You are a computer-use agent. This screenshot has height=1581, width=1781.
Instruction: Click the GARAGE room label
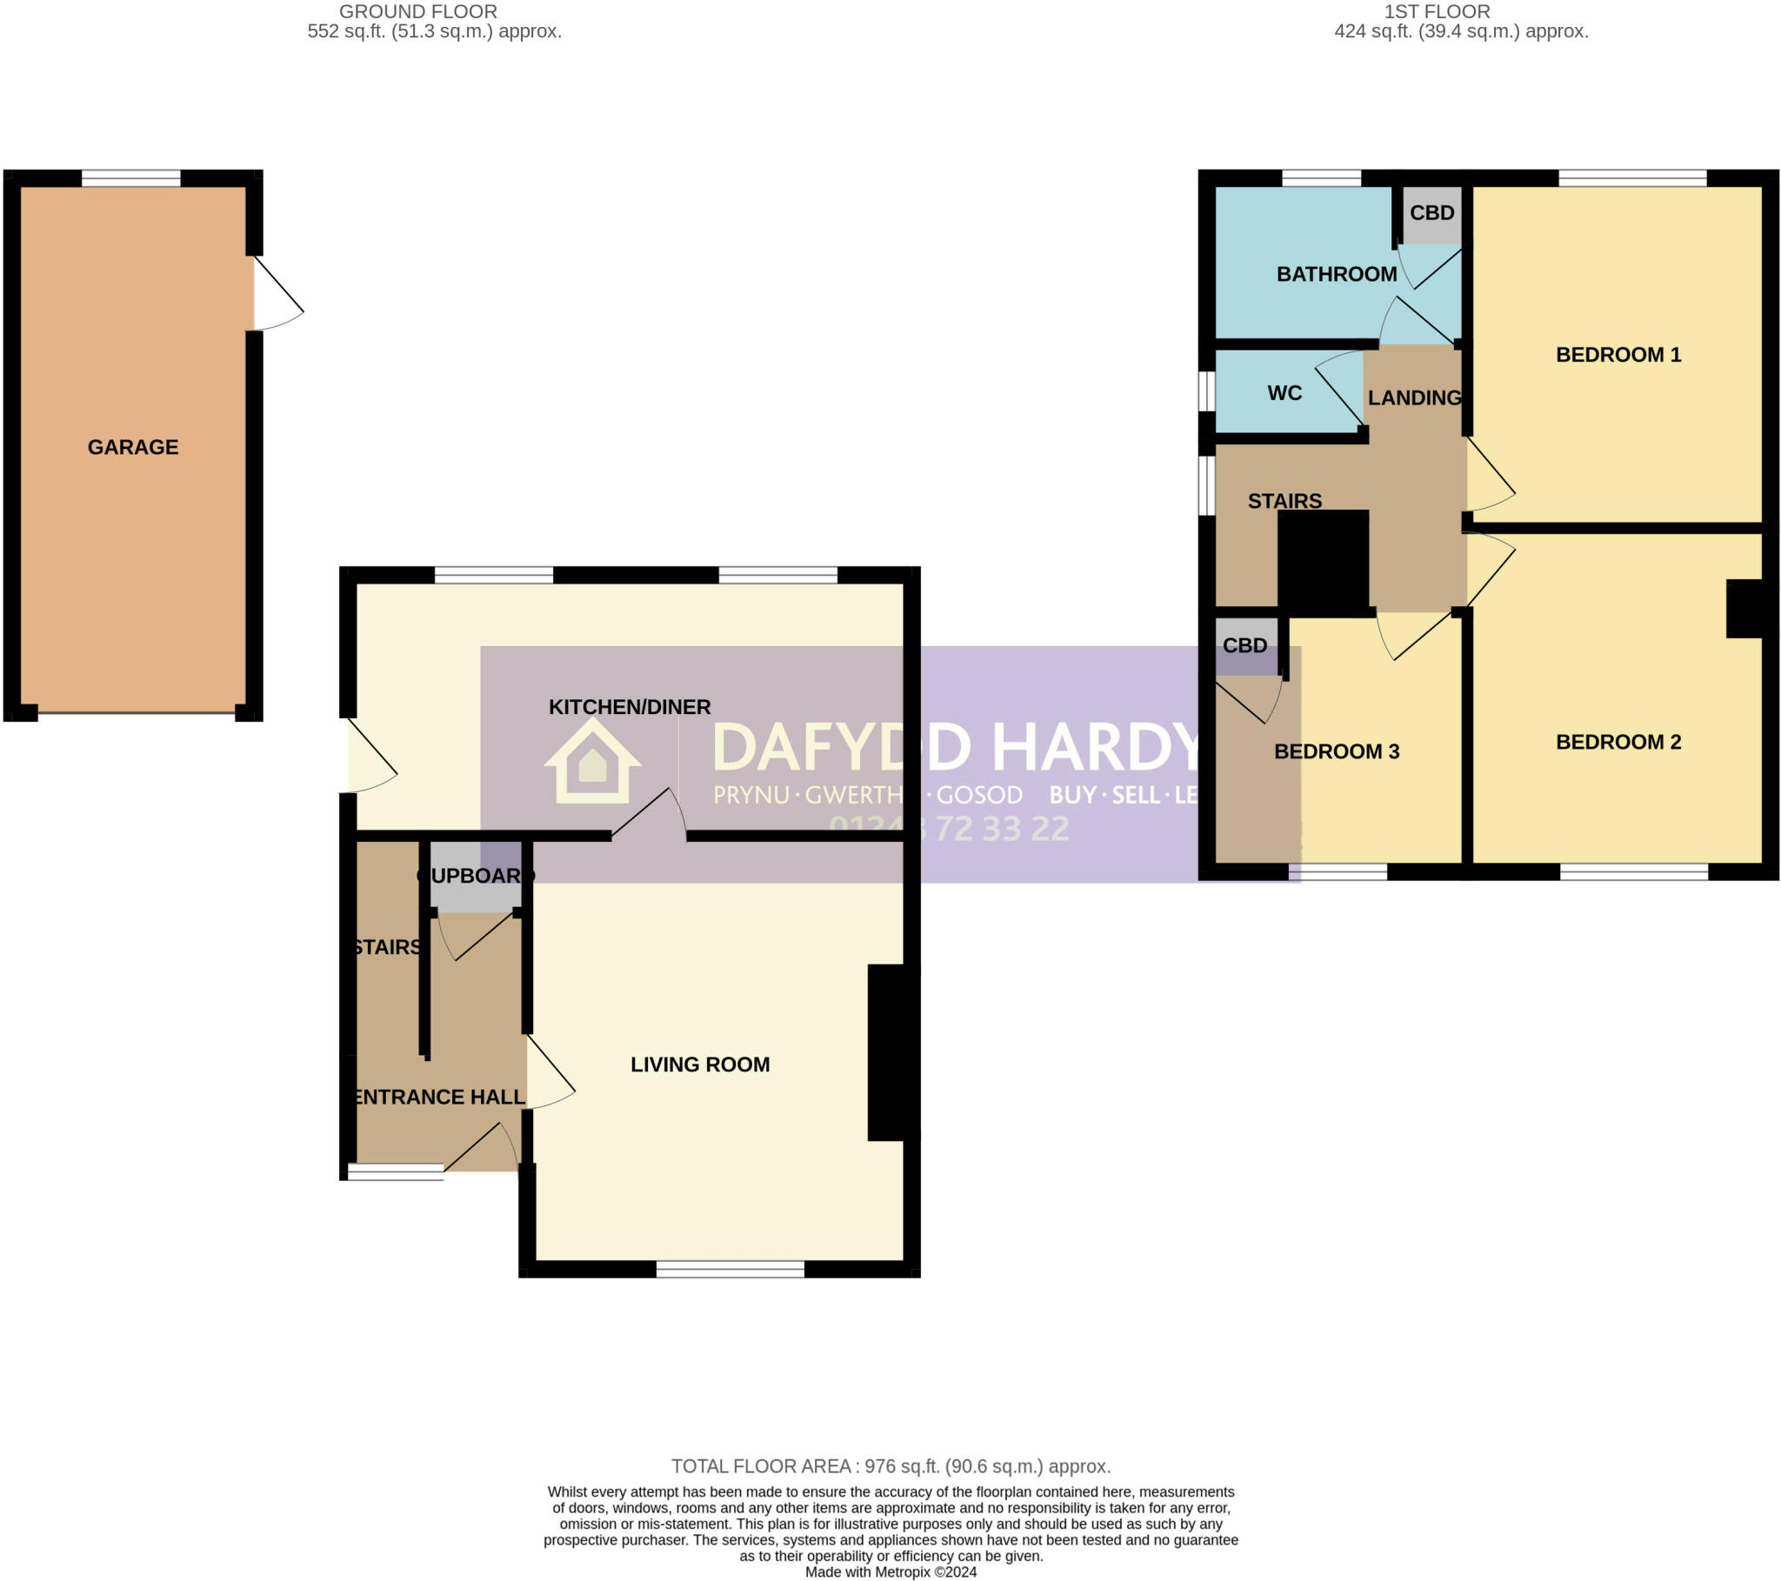132,447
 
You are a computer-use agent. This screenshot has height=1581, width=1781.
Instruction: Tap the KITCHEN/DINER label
629,707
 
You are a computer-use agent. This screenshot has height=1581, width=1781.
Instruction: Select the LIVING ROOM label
700,1064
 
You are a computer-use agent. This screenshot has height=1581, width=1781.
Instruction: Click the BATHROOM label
1336,275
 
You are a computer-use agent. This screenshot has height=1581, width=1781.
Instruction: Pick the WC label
1284,393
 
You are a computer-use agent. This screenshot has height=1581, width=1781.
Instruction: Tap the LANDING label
1414,398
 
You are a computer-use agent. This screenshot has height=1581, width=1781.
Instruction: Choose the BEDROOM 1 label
1618,355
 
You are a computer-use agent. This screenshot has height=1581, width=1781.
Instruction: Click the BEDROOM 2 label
1618,742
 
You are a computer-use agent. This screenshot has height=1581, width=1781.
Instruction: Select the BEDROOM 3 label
1336,751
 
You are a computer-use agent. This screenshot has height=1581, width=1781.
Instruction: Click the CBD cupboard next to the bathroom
1431,214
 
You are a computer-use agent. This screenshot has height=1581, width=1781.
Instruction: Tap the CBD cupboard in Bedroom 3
1244,646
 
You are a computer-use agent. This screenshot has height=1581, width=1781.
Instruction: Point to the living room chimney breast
892,1052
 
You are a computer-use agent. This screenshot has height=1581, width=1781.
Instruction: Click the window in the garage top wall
130,178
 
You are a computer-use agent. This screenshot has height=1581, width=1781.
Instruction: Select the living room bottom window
730,1269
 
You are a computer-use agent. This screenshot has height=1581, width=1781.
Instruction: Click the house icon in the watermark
592,760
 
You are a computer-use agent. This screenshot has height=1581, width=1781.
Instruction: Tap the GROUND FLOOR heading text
418,11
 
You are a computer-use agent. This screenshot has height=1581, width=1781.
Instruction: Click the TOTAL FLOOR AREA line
890,1466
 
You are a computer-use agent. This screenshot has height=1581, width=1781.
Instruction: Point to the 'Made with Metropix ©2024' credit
890,1572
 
